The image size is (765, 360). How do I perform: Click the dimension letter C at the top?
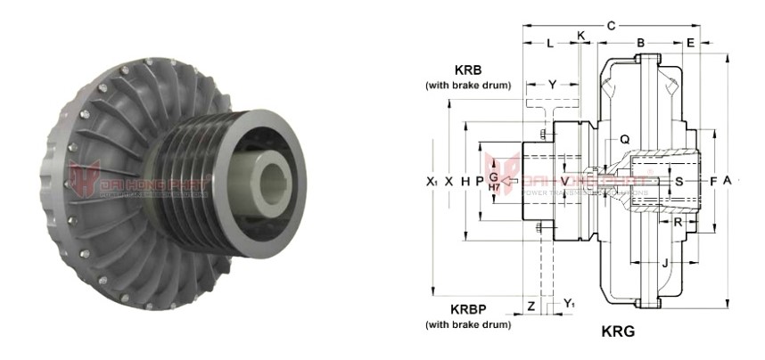pyautogui.click(x=611, y=26)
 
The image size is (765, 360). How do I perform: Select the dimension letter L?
pyautogui.click(x=549, y=43)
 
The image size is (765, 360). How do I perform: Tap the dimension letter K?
pyautogui.click(x=581, y=35)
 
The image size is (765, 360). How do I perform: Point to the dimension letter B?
pyautogui.click(x=640, y=43)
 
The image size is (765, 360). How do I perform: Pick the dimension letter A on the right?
pyautogui.click(x=728, y=180)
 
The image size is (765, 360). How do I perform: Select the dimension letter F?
pyautogui.click(x=712, y=180)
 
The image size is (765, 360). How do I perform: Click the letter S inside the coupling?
pyautogui.click(x=679, y=180)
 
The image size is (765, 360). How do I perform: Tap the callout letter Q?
pyautogui.click(x=624, y=139)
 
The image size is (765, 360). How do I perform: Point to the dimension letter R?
pyautogui.click(x=679, y=220)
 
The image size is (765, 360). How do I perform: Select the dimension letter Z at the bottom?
pyautogui.click(x=531, y=306)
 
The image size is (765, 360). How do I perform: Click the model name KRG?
pyautogui.click(x=618, y=330)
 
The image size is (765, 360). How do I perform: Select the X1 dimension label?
pyautogui.click(x=432, y=180)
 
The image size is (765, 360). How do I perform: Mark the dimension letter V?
pyautogui.click(x=564, y=180)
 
